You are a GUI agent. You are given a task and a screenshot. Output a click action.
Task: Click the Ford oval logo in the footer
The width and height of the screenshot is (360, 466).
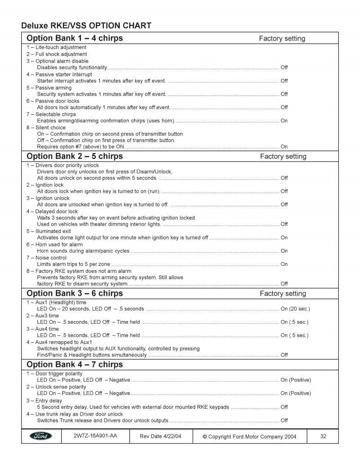pyautogui.click(x=41, y=436)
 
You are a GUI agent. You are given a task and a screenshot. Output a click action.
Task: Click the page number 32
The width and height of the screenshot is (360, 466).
pyautogui.click(x=323, y=436)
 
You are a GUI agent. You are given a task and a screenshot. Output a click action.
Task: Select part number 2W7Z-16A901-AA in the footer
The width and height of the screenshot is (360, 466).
pyautogui.click(x=95, y=436)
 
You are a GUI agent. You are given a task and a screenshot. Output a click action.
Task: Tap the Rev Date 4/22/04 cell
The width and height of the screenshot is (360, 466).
pyautogui.click(x=161, y=436)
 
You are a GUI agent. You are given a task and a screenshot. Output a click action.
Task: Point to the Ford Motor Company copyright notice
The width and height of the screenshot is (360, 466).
pyautogui.click(x=249, y=436)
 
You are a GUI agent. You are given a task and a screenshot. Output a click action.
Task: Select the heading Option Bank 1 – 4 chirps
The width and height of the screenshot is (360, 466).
pyautogui.click(x=75, y=38)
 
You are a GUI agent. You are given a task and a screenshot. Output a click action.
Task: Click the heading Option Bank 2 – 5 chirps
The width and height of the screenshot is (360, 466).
pyautogui.click(x=75, y=157)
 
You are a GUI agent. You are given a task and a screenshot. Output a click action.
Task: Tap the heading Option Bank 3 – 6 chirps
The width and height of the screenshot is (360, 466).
pyautogui.click(x=75, y=294)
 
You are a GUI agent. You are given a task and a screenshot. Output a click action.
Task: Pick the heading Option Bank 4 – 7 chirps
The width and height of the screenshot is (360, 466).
pyautogui.click(x=75, y=365)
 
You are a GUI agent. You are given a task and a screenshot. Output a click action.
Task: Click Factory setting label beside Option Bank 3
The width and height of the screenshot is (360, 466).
pyautogui.click(x=283, y=294)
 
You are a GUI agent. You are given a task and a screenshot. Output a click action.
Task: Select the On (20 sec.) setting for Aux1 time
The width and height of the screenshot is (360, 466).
pyautogui.click(x=295, y=309)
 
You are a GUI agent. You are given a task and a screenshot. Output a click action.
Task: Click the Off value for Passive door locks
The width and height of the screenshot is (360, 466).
pyautogui.click(x=284, y=108)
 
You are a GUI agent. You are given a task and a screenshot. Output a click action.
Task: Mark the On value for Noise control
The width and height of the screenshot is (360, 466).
pyautogui.click(x=284, y=264)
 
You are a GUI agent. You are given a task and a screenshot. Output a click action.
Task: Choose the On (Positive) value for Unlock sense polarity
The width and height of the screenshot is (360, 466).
pyautogui.click(x=296, y=394)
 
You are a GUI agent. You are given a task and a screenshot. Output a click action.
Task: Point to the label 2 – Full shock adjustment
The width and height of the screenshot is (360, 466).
pyautogui.click(x=56, y=54)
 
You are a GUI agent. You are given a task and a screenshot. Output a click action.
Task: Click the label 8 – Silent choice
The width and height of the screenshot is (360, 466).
pyautogui.click(x=45, y=127)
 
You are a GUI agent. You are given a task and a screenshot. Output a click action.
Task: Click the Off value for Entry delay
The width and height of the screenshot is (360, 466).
pyautogui.click(x=284, y=407)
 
